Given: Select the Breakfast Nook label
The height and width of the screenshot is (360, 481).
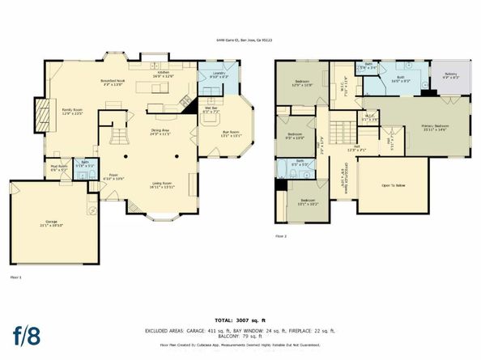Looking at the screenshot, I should pos(113,83).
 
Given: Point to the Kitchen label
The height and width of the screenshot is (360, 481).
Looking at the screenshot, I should pos(164,74).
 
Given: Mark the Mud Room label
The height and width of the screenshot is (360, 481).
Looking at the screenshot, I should pos(59,168).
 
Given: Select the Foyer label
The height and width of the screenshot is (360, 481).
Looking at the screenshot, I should pos(114,176).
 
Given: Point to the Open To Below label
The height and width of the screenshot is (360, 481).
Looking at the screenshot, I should pos(393,185).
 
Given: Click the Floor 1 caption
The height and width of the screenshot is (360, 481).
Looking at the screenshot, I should pos(15,277).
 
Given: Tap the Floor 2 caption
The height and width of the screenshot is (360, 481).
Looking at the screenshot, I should pos(281,235).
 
